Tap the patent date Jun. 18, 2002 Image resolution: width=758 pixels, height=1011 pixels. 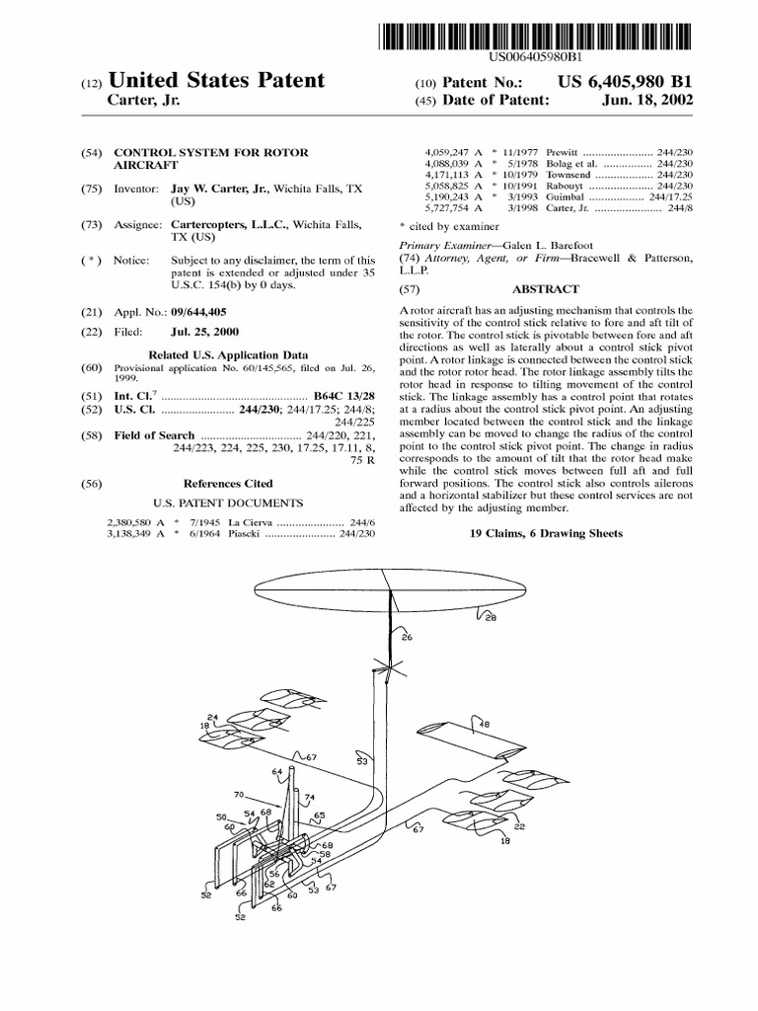coord(647,100)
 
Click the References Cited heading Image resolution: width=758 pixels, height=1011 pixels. coord(229,484)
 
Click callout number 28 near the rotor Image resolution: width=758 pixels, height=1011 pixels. coord(491,619)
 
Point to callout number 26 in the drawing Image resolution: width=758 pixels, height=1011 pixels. coord(407,637)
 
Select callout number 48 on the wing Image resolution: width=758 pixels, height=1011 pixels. coord(484,724)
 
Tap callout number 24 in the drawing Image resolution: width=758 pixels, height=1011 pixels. coord(212,717)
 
